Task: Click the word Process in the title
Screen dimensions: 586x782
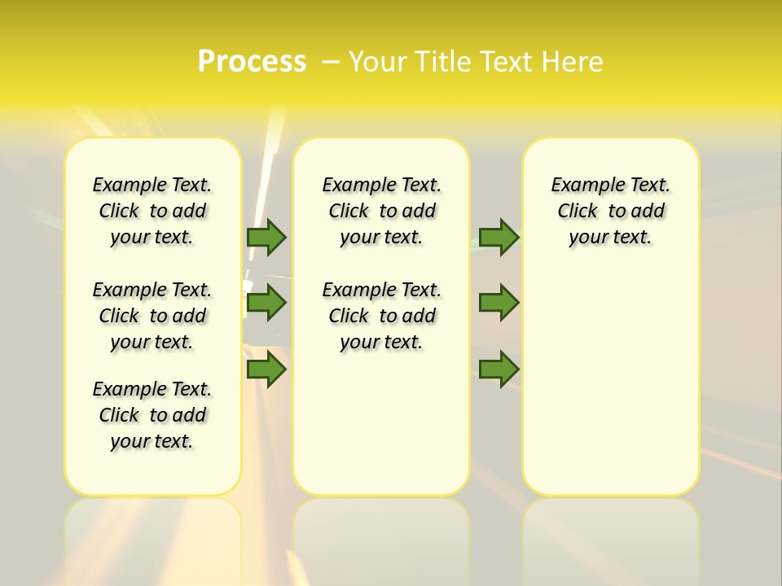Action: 252,62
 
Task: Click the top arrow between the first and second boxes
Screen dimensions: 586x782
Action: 266,237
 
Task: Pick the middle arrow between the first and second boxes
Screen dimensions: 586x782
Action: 266,303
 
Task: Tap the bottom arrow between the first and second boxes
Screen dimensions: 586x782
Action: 266,370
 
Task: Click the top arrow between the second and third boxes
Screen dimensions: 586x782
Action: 499,237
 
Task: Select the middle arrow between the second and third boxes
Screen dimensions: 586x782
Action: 499,303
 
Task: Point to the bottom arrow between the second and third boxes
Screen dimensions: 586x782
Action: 499,370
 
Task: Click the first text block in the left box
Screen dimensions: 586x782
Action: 152,211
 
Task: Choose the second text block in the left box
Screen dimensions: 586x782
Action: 152,316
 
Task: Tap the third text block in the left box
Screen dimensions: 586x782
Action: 152,415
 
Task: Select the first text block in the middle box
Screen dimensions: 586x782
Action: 382,211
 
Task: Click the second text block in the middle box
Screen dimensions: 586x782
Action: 382,316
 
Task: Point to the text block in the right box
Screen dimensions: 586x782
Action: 611,211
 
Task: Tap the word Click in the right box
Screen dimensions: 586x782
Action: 578,212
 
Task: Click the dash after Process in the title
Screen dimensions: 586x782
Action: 331,62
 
